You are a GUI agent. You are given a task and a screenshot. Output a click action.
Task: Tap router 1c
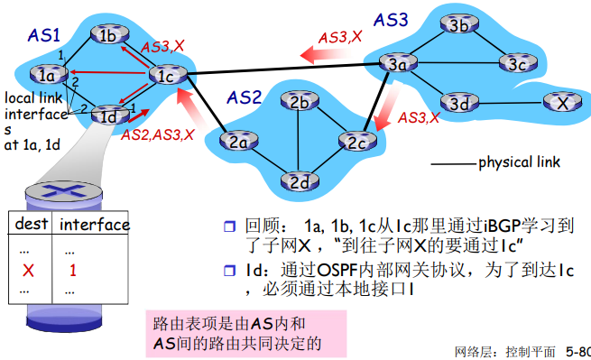coord(165,76)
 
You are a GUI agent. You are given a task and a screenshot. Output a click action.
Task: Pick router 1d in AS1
coord(109,115)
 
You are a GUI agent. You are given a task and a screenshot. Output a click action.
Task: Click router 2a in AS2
coord(238,141)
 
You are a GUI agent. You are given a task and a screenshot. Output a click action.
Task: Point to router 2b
coord(300,102)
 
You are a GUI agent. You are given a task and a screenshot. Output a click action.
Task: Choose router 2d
coord(300,180)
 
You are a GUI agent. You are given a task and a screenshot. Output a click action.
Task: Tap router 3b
coord(458,26)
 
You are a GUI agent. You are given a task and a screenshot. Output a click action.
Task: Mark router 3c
coord(516,64)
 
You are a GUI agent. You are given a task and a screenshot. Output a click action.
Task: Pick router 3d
coord(458,103)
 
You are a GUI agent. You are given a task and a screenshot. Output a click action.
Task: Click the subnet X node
coord(562,103)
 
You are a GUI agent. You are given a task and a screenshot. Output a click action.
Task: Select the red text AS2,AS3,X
coord(157,134)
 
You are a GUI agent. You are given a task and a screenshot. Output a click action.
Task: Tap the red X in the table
coord(27,270)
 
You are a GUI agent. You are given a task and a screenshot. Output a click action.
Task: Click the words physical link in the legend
coord(519,163)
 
